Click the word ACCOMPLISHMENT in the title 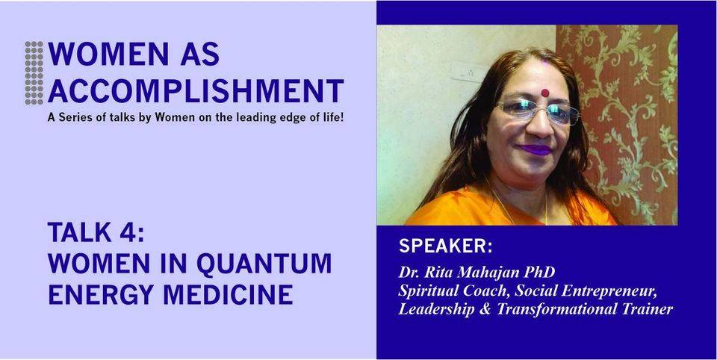(196, 90)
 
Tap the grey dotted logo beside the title (34, 72)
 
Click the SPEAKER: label (445, 246)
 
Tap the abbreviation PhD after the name (543, 273)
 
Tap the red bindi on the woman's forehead (544, 93)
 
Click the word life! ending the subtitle (332, 118)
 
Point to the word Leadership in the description (437, 309)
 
